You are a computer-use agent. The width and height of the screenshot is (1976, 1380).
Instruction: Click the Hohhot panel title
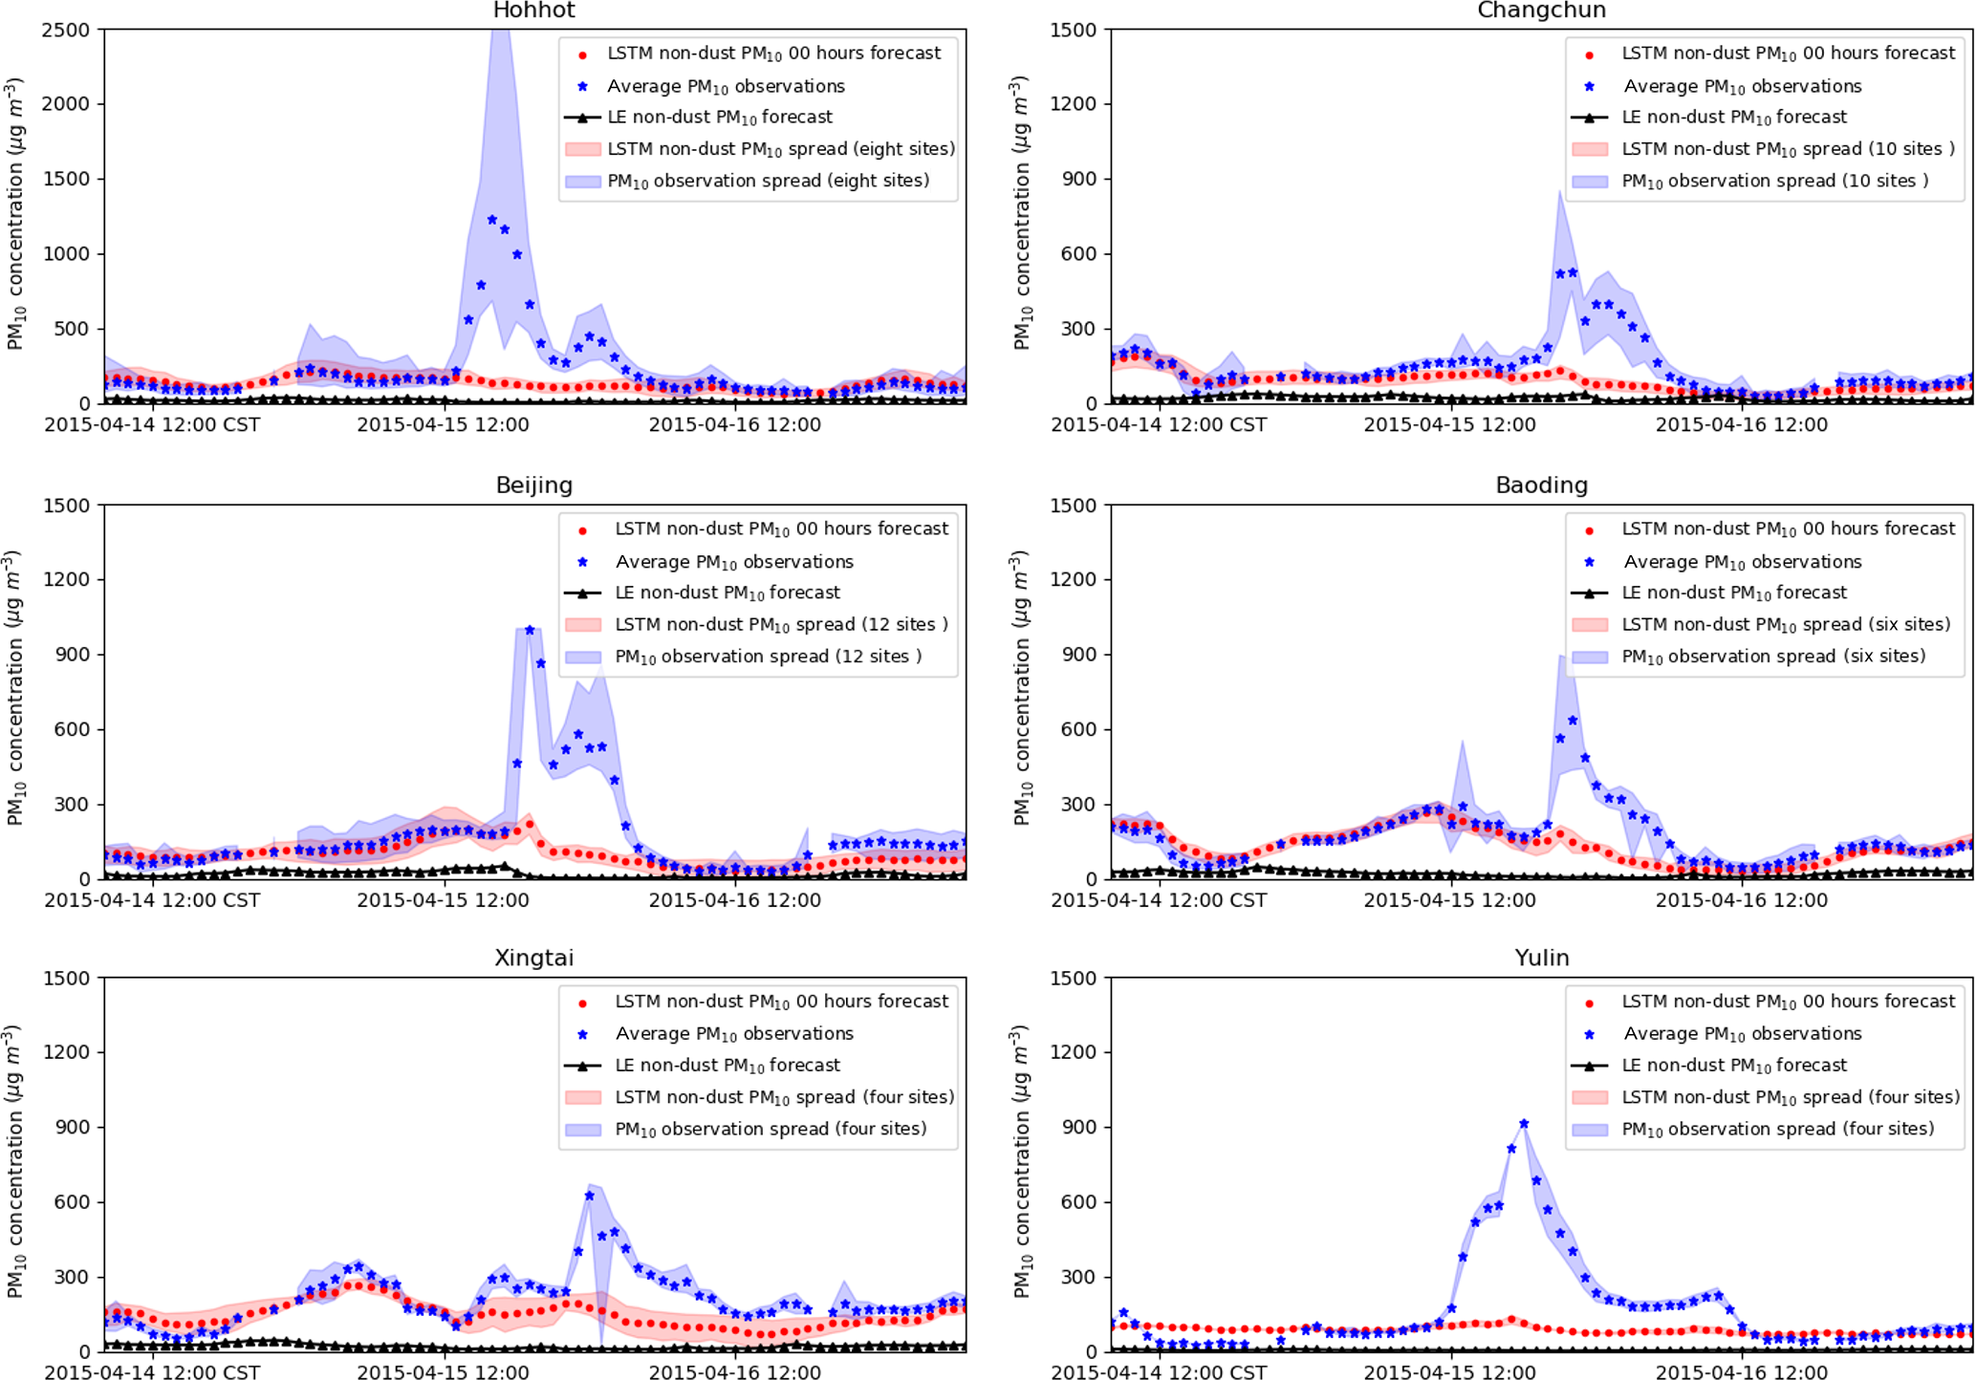(533, 11)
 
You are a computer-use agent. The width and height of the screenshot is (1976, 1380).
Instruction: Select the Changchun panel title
(1541, 11)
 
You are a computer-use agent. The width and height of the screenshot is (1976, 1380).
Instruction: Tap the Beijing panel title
(533, 485)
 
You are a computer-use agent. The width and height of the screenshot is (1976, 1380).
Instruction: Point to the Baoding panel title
(1541, 485)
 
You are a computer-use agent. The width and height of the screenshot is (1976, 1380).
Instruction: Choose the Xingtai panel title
(533, 959)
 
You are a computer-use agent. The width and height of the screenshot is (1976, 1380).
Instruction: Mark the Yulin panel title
(1541, 959)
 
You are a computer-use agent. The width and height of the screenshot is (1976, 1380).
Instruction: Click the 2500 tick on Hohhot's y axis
(66, 30)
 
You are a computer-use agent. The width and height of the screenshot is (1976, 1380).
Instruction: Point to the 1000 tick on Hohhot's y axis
(66, 254)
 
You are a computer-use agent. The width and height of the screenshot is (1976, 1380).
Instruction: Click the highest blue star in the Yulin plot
(1524, 1124)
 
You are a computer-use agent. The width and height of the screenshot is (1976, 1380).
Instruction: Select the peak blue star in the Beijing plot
(530, 631)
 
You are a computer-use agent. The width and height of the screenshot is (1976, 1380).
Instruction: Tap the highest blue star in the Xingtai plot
(590, 1196)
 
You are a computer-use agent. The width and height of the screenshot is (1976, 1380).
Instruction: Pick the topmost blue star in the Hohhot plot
(492, 220)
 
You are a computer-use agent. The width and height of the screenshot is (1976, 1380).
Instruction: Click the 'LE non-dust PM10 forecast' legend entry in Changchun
(1733, 118)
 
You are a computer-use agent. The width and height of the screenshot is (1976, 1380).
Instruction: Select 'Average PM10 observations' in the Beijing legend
(733, 562)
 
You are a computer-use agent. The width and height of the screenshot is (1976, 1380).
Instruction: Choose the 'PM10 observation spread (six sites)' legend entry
(1772, 657)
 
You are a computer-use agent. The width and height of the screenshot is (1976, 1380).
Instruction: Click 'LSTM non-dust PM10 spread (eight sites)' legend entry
(780, 149)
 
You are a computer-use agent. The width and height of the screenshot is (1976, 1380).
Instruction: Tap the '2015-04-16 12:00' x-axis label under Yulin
(1741, 1373)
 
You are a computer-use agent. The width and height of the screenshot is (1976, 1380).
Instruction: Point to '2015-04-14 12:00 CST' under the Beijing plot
(152, 900)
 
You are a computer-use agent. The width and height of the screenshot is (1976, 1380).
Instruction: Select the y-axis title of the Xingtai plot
(16, 1163)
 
